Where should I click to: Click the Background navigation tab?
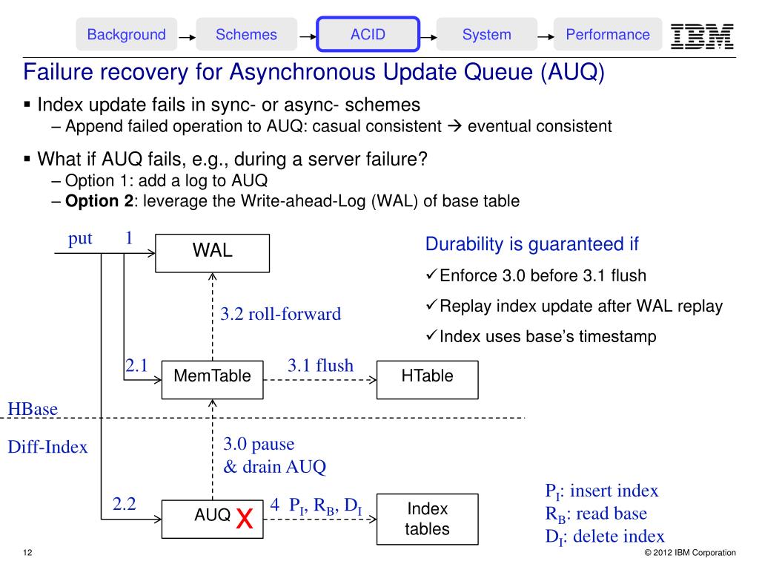(126, 35)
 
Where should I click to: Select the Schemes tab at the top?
(246, 35)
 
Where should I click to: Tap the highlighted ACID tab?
(368, 35)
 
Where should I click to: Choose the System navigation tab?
(486, 35)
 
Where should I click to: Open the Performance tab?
(607, 35)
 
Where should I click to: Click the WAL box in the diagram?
(213, 251)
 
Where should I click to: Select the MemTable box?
(212, 376)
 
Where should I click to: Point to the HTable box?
(427, 376)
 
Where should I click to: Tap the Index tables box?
(427, 519)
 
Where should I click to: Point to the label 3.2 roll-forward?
(281, 314)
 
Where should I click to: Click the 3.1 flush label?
(320, 365)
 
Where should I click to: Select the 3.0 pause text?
(259, 445)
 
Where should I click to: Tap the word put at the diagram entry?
(80, 238)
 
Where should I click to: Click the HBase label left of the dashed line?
(33, 409)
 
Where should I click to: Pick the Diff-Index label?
(47, 447)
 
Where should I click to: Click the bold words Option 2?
(93, 200)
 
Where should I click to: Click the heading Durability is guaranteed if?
(531, 244)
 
